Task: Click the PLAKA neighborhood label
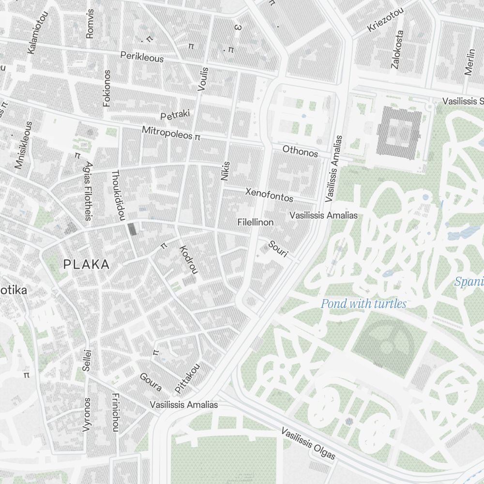tap(87, 265)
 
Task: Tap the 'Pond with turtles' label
tap(363, 304)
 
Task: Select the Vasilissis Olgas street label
tap(308, 444)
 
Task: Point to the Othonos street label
tap(300, 151)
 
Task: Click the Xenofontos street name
tap(269, 195)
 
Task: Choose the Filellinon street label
tap(256, 222)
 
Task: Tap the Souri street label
tap(278, 248)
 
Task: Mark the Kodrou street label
tap(189, 259)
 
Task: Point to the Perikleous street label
tap(142, 57)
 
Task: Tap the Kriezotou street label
tap(385, 20)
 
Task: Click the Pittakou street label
tap(187, 378)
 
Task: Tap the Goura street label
tap(151, 382)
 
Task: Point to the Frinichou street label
tap(115, 411)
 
